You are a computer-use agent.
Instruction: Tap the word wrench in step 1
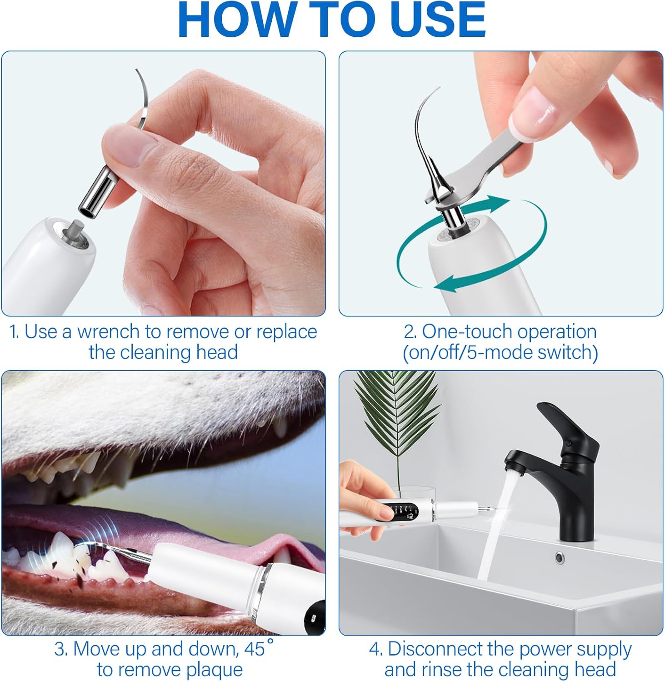[x=109, y=332]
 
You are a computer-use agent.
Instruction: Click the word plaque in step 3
[x=215, y=670]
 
